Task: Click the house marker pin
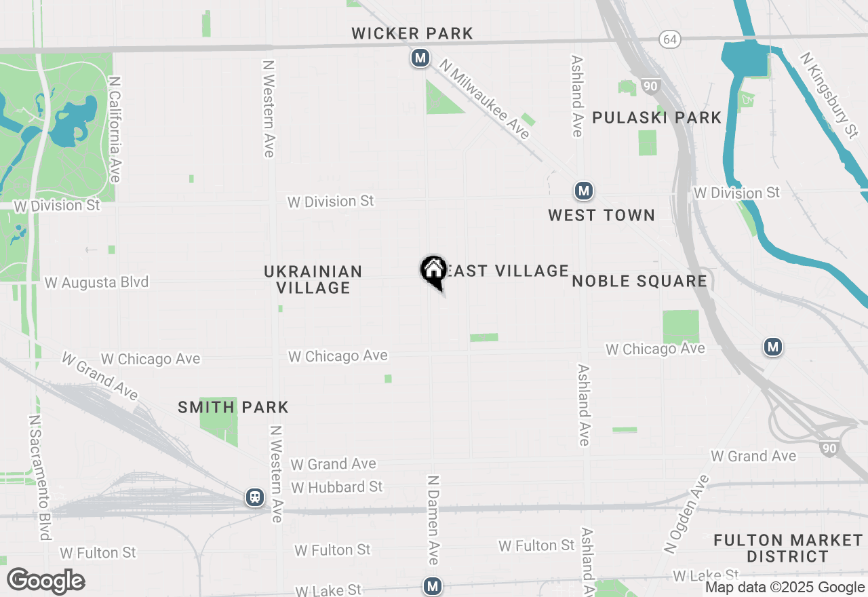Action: point(433,271)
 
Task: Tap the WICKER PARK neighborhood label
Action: point(412,33)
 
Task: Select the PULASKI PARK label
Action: point(656,117)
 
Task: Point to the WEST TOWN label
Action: point(601,215)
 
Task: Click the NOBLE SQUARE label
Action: point(639,281)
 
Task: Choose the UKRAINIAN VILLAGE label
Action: point(313,280)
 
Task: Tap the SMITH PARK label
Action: point(233,407)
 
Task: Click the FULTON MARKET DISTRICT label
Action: point(788,548)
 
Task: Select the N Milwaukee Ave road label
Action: point(485,100)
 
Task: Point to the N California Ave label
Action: point(115,129)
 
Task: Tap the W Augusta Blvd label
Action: point(97,282)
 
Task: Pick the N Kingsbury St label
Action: point(828,95)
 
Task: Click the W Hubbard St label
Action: point(337,487)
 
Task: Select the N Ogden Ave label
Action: point(686,514)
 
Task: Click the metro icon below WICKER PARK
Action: point(420,58)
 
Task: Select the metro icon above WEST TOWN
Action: point(583,191)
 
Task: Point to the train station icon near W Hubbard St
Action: point(255,497)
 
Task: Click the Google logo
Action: point(45,581)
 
